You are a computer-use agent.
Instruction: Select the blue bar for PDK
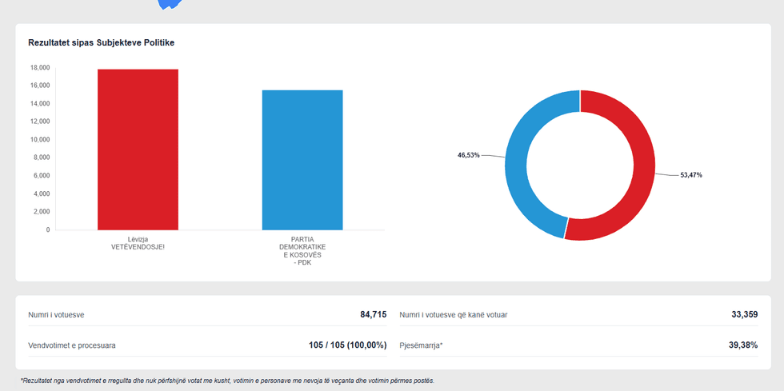(x=302, y=160)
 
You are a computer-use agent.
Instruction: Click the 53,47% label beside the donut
(x=690, y=174)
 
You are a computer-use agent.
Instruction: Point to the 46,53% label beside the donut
(x=469, y=155)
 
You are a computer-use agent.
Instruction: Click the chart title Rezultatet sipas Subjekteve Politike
(x=101, y=42)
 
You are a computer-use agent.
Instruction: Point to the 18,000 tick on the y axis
(x=40, y=67)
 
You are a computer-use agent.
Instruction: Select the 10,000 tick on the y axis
(x=40, y=139)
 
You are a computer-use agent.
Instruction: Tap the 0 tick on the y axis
(x=47, y=229)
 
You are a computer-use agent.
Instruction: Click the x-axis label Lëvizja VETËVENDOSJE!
(x=138, y=243)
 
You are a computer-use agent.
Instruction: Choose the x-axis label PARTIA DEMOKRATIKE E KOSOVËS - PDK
(x=302, y=250)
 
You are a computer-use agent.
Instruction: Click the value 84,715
(x=373, y=314)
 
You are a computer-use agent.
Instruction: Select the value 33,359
(x=744, y=314)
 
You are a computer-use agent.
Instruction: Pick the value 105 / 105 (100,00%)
(x=347, y=345)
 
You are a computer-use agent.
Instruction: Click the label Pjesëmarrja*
(x=421, y=345)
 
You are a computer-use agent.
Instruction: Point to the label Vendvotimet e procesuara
(x=72, y=345)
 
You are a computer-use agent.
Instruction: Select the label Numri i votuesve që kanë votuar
(x=453, y=315)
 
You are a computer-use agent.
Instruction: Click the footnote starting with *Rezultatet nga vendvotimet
(x=227, y=381)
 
